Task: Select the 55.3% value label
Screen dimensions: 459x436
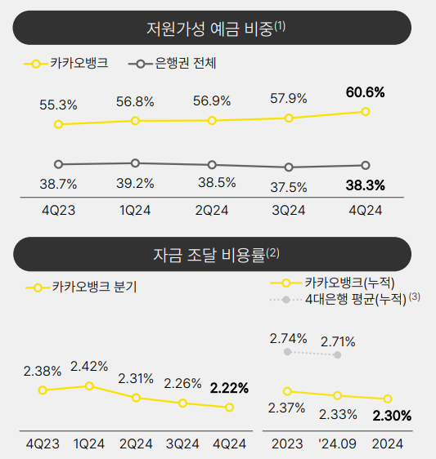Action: (58, 105)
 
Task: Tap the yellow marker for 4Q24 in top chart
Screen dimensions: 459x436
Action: (366, 112)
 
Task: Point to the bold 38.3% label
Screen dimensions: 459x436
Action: (365, 185)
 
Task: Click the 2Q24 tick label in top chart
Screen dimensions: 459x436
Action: (212, 210)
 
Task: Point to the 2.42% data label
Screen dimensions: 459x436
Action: (89, 366)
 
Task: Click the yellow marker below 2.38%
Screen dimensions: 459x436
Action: (43, 390)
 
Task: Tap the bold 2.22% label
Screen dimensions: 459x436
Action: (230, 387)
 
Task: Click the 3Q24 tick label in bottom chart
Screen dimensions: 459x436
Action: (183, 443)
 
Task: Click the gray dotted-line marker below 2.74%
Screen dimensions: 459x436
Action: (287, 352)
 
